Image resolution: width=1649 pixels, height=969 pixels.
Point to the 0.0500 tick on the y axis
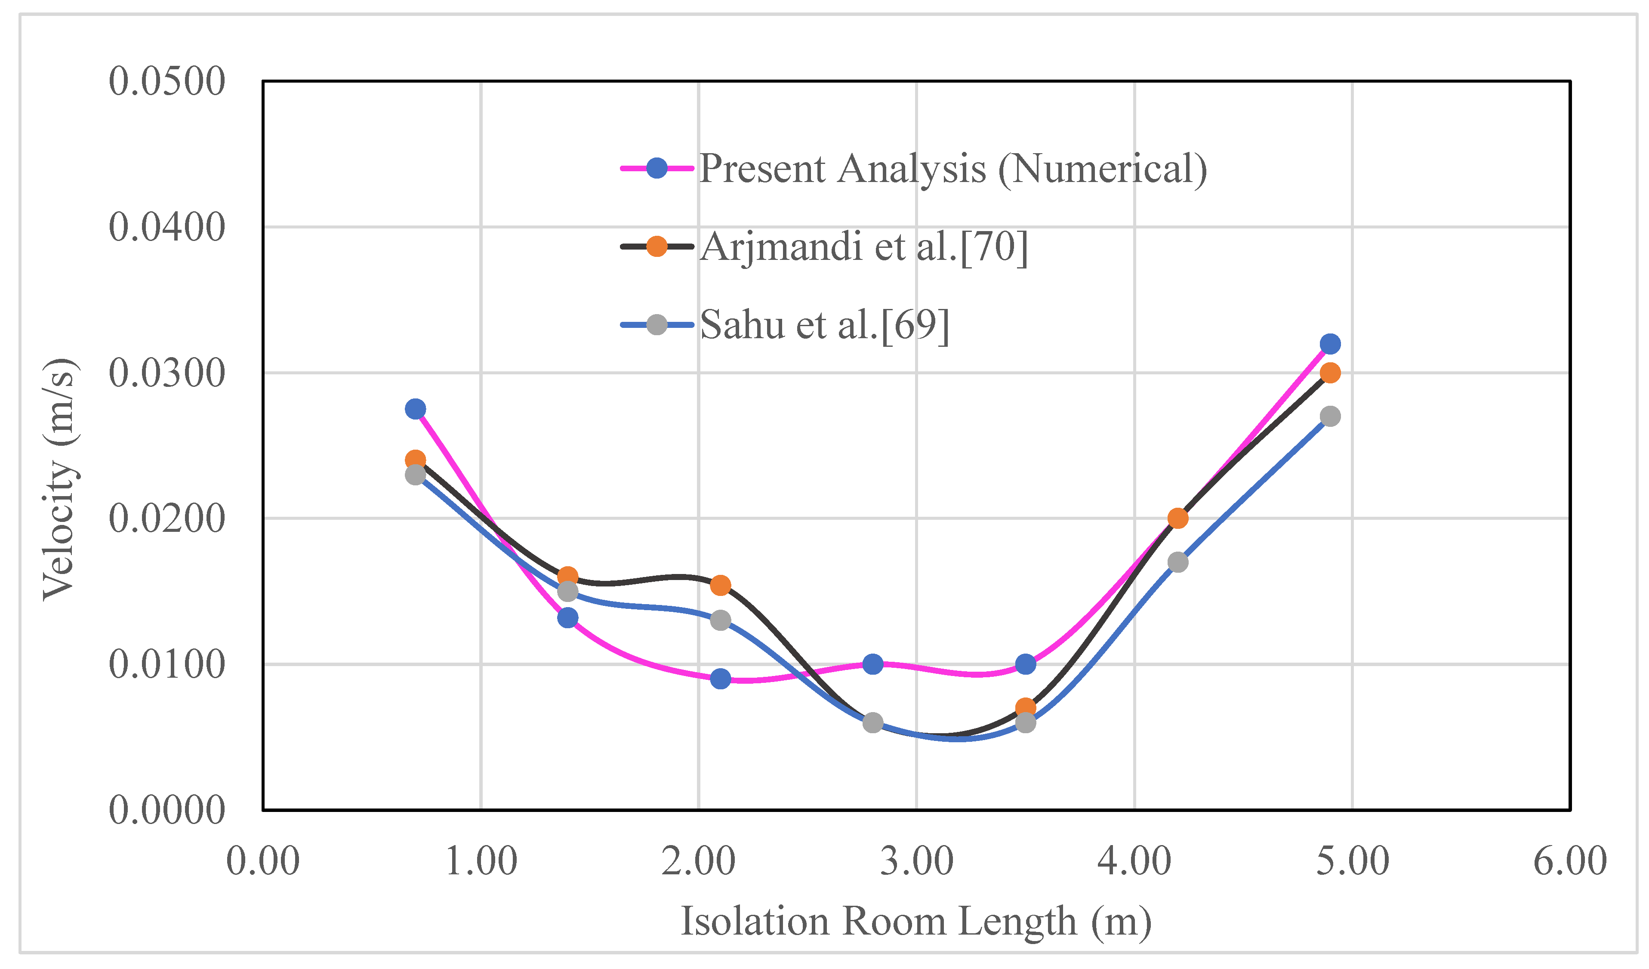coord(167,82)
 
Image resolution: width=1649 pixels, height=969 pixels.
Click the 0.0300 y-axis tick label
coord(167,373)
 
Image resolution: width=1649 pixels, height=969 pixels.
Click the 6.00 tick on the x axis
coord(1569,861)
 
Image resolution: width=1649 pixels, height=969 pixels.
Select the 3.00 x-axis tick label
coord(916,861)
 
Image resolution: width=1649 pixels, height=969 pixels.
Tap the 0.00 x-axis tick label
coord(263,861)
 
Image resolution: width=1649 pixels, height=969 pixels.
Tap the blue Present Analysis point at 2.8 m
coord(872,664)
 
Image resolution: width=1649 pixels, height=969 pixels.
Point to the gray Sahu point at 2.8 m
coord(872,723)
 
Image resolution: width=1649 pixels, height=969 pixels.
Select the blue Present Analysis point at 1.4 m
coord(568,617)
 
